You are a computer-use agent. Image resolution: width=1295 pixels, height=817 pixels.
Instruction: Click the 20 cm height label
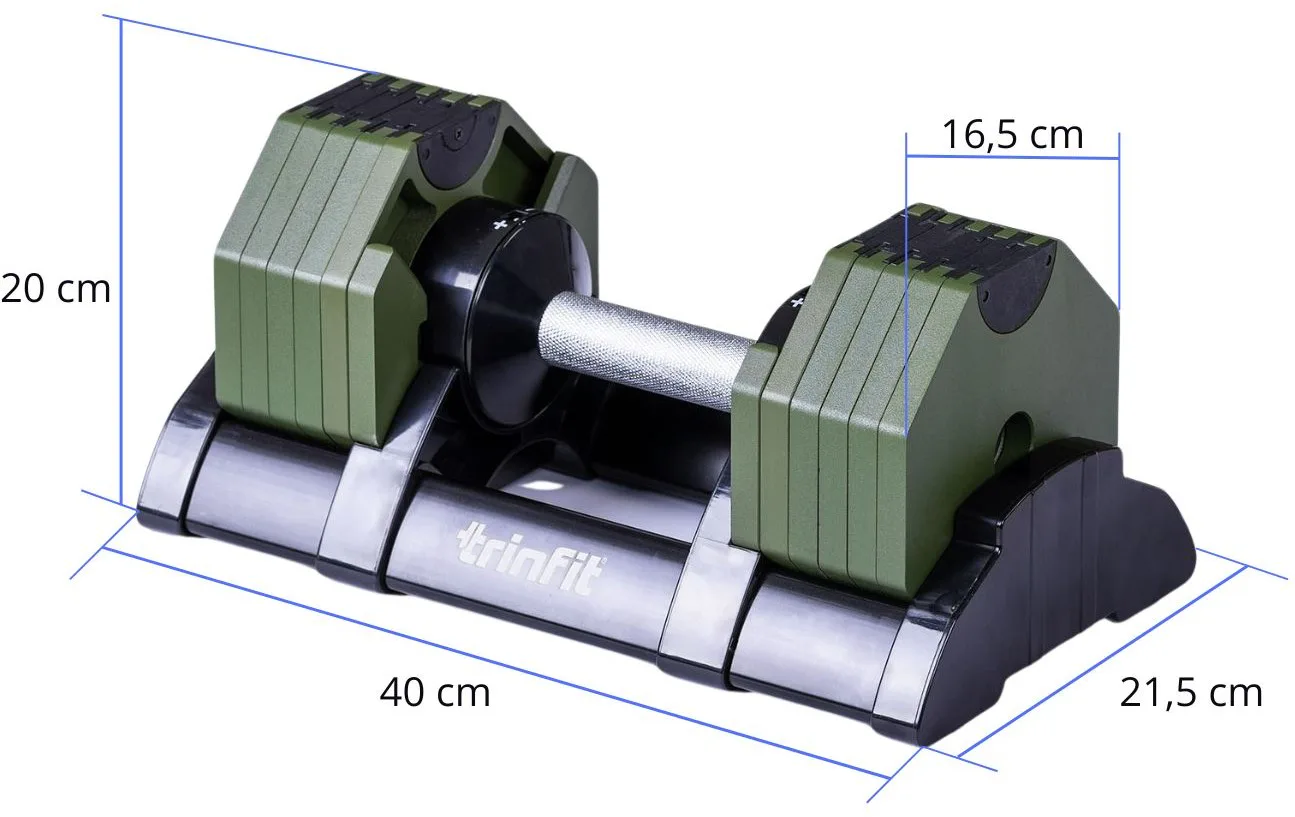click(56, 289)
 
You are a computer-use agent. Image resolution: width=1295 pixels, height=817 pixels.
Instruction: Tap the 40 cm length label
click(435, 692)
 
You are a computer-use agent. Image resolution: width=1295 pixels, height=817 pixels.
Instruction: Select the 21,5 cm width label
click(1191, 693)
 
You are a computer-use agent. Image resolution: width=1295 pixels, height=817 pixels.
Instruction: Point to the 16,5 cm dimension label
click(1012, 135)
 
